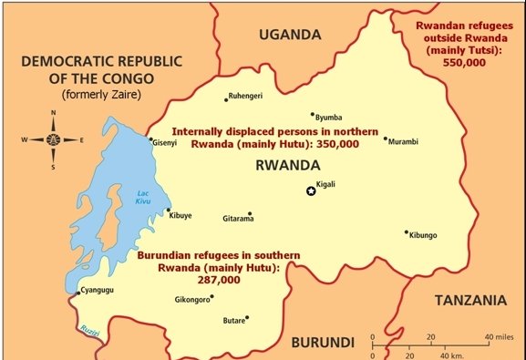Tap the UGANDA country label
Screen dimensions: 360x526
pos(290,36)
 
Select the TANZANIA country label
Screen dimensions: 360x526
pos(469,300)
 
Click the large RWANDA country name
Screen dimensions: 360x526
pos(288,166)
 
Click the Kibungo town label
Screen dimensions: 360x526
pos(424,235)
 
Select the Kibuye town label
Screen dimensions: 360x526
pos(180,216)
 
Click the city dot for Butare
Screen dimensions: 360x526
pos(247,317)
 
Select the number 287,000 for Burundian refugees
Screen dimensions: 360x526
pos(212,281)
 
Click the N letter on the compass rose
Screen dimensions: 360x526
pos(54,112)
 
